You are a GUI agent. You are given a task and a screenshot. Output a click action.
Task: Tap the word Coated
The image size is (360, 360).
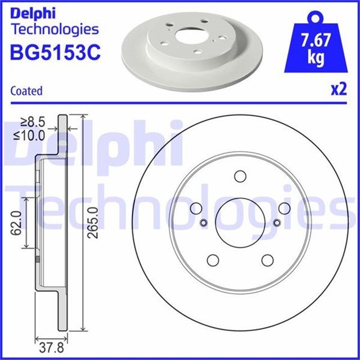(x=26, y=91)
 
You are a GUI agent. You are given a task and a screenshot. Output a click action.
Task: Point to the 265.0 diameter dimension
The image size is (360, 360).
(x=93, y=222)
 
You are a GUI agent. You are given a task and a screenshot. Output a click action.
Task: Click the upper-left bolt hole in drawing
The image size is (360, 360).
(x=196, y=208)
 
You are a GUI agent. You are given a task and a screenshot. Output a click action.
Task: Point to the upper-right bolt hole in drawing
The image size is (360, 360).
(x=284, y=208)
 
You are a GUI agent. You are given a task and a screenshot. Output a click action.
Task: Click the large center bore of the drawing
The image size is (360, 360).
(x=240, y=222)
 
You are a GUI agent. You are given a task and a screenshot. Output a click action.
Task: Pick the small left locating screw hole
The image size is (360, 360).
(x=204, y=223)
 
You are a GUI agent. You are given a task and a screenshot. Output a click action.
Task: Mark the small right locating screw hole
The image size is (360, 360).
(x=276, y=223)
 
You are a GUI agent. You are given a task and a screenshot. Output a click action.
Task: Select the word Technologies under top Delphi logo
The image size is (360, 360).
(x=55, y=29)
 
